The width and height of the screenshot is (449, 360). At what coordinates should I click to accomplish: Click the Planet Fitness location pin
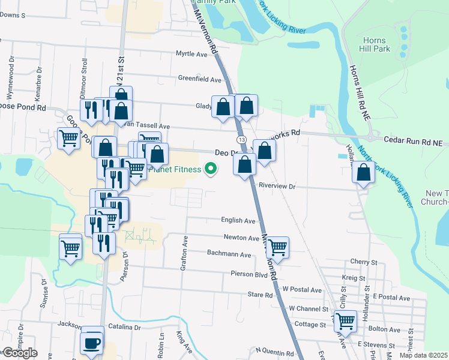[x=210, y=170]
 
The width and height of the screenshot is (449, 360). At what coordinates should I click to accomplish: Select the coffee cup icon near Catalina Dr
[x=92, y=343]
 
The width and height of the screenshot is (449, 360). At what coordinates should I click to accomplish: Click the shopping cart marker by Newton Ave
[x=277, y=245]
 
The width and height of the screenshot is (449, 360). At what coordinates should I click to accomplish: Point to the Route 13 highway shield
[x=241, y=139]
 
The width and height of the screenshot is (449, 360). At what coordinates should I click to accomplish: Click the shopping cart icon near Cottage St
[x=345, y=322]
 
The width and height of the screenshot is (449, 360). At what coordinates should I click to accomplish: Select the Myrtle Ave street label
[x=191, y=54]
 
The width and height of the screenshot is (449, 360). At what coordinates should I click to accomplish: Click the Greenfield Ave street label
[x=200, y=79]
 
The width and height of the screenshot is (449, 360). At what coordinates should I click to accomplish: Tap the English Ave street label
[x=238, y=221]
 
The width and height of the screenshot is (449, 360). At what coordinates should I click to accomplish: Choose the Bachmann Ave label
[x=229, y=254]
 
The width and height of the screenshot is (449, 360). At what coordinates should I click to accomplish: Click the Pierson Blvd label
[x=249, y=274]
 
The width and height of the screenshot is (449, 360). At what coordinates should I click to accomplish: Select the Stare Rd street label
[x=260, y=295]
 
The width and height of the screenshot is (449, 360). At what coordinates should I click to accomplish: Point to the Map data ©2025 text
[x=422, y=355]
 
